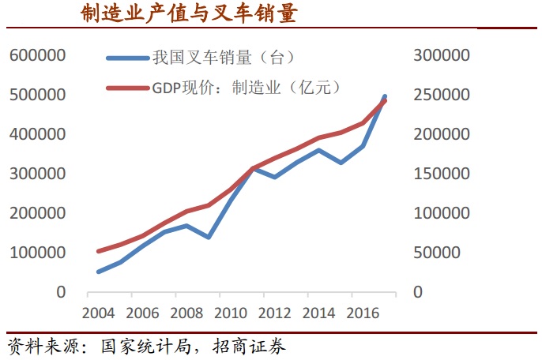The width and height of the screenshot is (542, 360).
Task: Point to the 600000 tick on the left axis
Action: (x=37, y=56)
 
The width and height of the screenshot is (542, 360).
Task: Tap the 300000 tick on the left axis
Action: (x=37, y=174)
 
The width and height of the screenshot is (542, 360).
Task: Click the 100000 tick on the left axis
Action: (x=37, y=253)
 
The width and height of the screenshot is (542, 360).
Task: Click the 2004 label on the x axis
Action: (x=98, y=313)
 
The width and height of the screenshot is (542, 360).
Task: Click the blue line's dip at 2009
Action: (x=209, y=237)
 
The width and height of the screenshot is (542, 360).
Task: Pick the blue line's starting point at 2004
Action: (x=98, y=272)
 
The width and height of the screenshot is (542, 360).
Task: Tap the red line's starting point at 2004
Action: (x=98, y=251)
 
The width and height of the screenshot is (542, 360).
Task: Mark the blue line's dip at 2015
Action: (x=341, y=163)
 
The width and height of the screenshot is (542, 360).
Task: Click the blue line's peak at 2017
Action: (x=385, y=96)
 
